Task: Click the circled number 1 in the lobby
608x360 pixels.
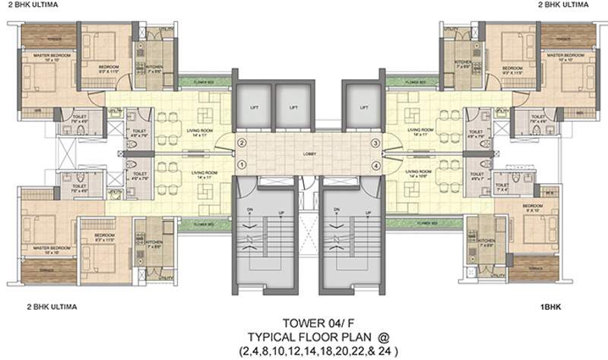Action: (x=241, y=164)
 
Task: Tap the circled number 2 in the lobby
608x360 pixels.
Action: (x=241, y=143)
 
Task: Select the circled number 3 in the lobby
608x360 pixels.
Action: (x=375, y=143)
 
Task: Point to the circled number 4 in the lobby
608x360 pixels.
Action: (x=375, y=165)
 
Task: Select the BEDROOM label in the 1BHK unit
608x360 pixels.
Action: (x=532, y=206)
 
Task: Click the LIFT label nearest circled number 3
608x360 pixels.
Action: (x=358, y=108)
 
